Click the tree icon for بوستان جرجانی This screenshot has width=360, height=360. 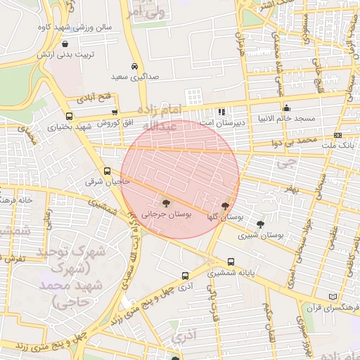click(166, 201)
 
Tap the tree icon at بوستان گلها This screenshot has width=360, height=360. click(225, 206)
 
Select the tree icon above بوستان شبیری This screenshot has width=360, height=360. click(261, 225)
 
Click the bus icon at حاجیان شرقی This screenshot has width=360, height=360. click(108, 171)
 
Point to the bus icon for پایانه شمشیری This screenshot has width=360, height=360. click(231, 260)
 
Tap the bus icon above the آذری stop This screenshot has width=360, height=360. click(185, 276)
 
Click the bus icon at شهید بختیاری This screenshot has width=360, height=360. click(68, 117)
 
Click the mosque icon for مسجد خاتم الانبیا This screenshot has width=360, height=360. click(286, 108)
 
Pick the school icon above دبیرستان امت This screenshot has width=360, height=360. click(221, 111)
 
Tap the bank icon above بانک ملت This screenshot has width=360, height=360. click(338, 134)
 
